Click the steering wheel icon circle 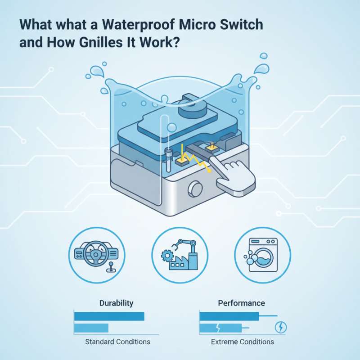coord(95,255)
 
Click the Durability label coord(116,303)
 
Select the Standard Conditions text coord(117,342)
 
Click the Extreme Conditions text coord(242,342)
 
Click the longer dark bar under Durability coord(108,316)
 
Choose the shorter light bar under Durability coord(91,328)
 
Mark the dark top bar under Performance coord(229,316)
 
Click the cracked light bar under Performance coord(220,327)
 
